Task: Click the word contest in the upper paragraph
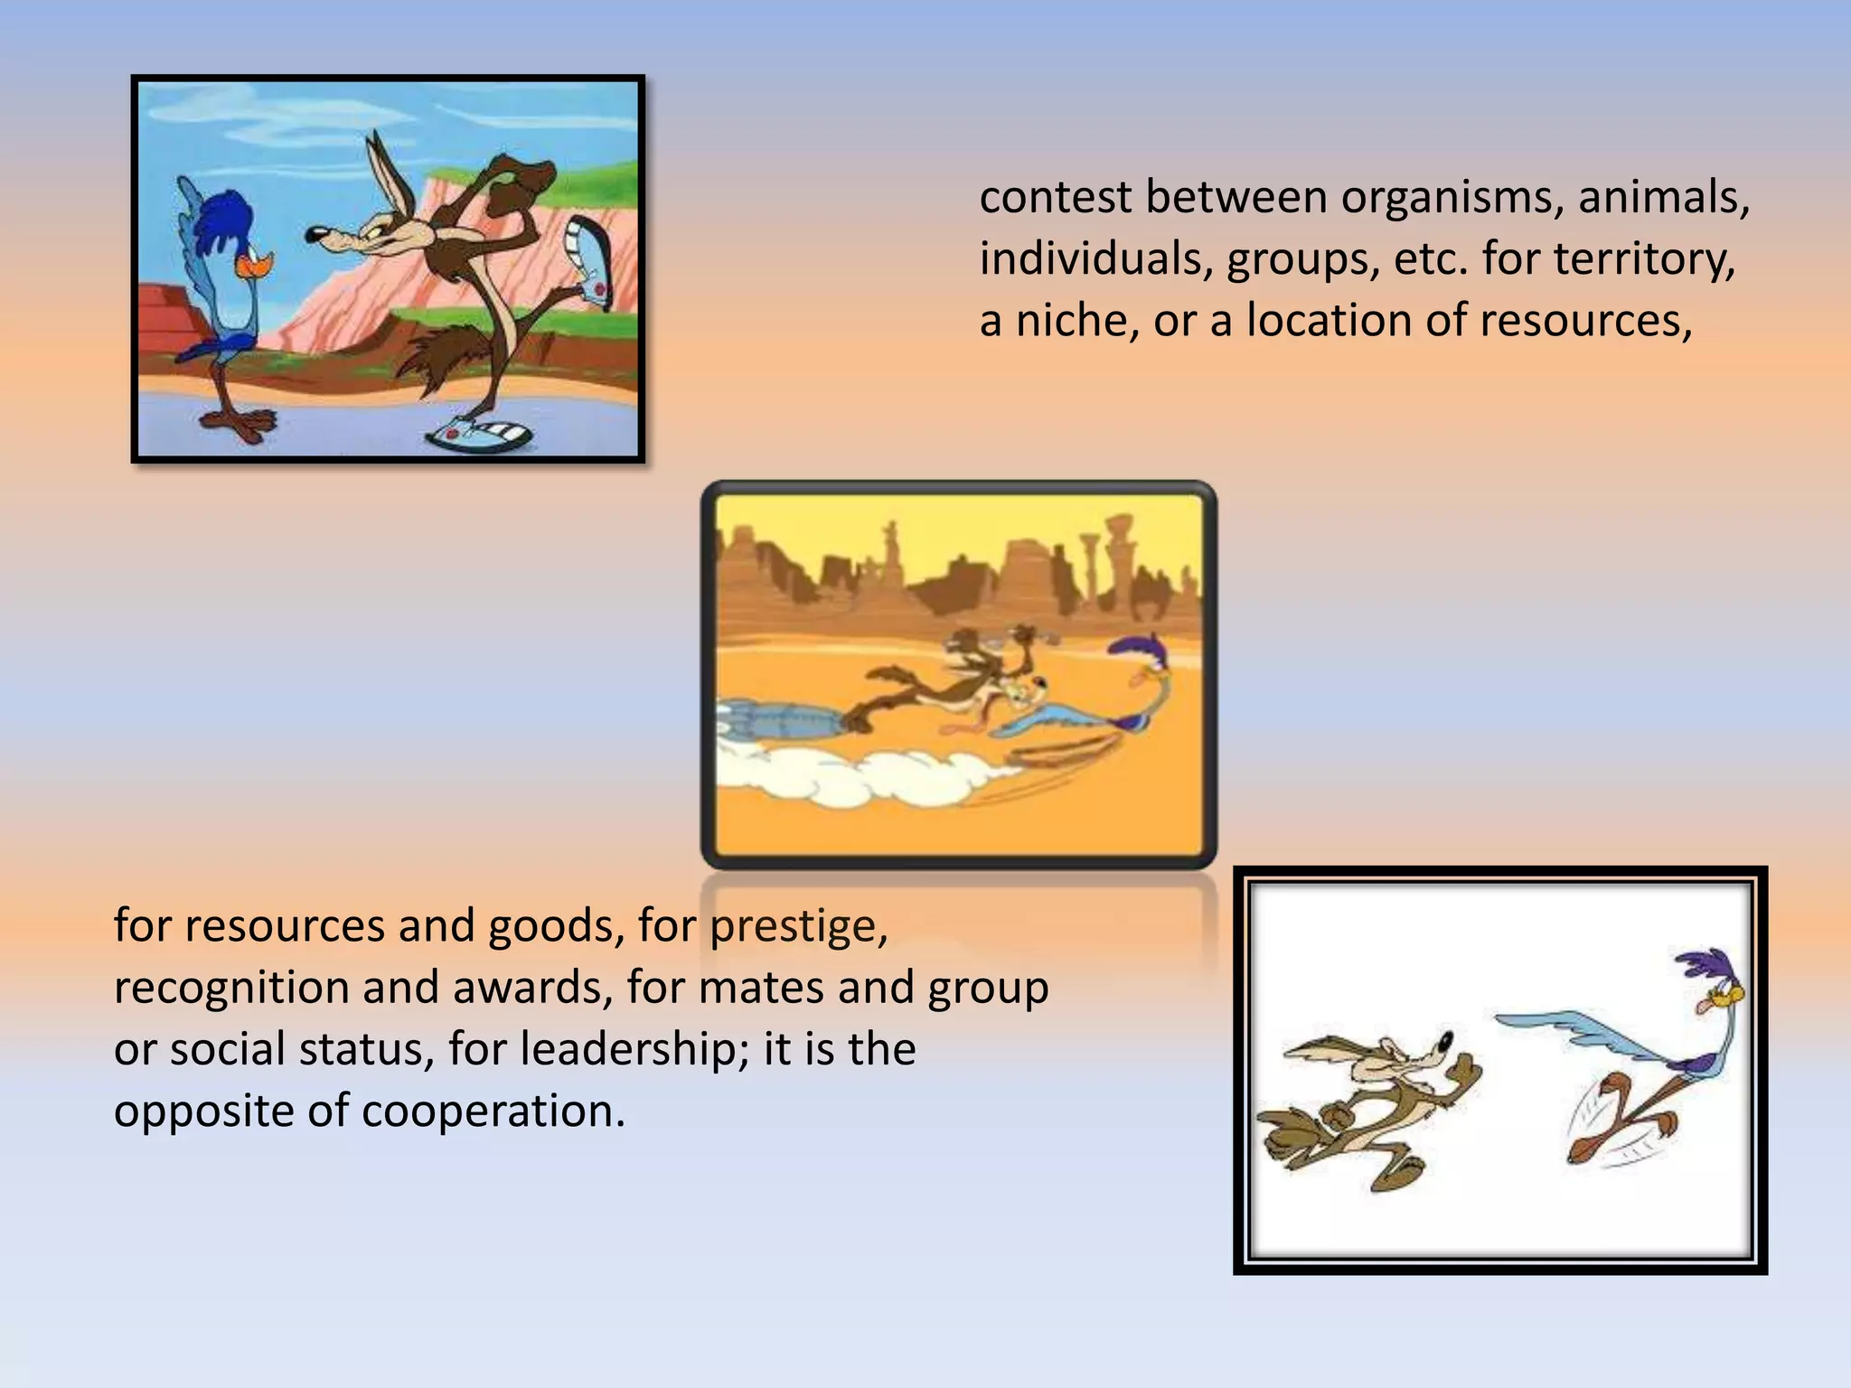pyautogui.click(x=1054, y=199)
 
